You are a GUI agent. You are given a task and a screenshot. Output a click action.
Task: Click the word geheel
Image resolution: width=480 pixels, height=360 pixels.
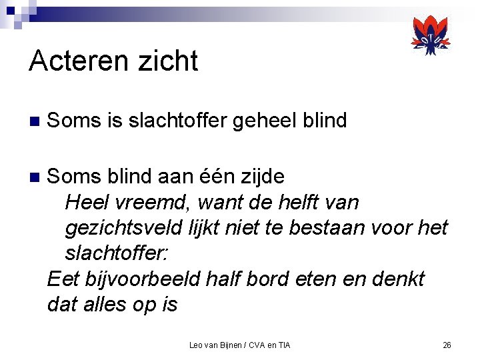click(261, 121)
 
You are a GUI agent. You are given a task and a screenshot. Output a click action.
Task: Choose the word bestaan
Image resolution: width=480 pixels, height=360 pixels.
click(327, 228)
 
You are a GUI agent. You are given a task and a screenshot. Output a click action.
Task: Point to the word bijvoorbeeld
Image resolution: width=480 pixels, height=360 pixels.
click(133, 279)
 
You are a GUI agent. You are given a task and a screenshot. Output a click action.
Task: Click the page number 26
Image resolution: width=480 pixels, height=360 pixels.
click(447, 345)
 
